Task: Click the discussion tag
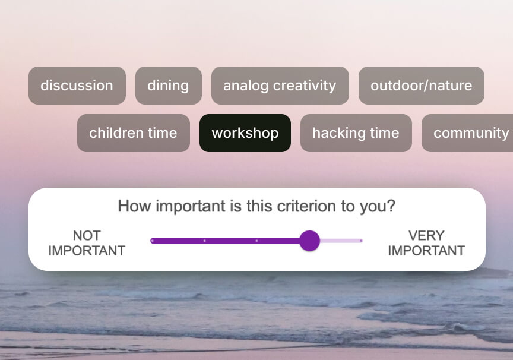point(77,86)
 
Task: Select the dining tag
point(169,86)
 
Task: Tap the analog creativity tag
point(280,86)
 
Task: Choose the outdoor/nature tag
point(422,86)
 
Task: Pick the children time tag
point(134,133)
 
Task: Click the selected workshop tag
point(245,133)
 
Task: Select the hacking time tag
point(356,133)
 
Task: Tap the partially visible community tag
point(467,133)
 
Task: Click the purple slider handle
point(309,241)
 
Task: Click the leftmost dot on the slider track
point(152,241)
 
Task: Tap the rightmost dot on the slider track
point(361,241)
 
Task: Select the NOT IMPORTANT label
point(87,243)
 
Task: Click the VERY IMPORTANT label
point(426,243)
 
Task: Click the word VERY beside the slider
point(426,236)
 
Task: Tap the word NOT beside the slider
point(87,236)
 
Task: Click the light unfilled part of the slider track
point(341,241)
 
